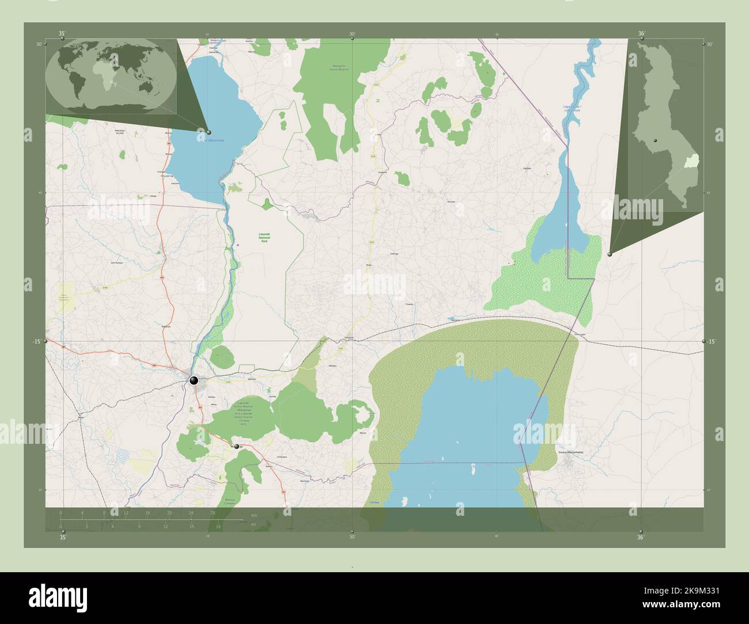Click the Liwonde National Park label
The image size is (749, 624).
click(264, 237)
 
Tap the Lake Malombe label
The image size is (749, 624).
click(214, 140)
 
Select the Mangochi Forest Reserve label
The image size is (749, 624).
click(337, 68)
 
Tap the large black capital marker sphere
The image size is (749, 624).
click(194, 380)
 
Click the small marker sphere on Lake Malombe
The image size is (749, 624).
click(209, 132)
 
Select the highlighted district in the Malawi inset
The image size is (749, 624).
click(691, 161)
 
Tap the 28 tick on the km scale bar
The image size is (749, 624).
click(213, 512)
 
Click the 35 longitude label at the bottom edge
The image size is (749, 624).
click(63, 538)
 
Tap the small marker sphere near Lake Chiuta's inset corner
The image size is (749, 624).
click(610, 254)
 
